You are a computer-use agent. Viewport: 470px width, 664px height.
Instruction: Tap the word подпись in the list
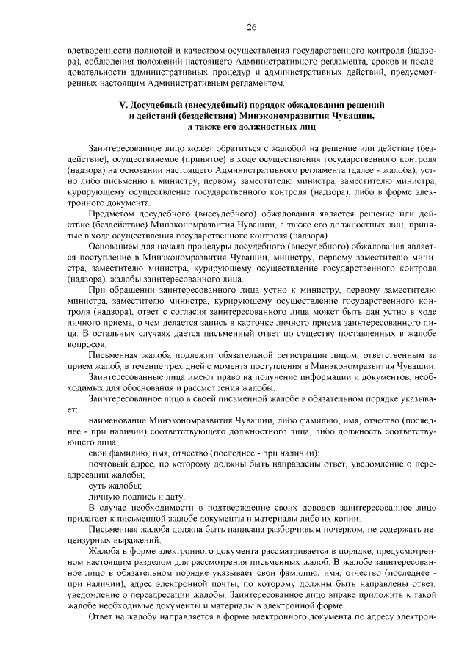(x=132, y=497)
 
